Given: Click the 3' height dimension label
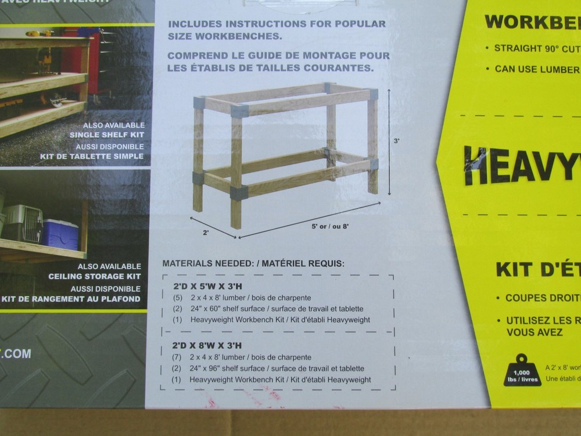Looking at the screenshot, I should (397, 141).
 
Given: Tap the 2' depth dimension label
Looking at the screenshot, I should (205, 232).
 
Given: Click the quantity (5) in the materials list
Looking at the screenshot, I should (178, 298).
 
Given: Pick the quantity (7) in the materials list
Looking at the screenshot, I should (178, 357).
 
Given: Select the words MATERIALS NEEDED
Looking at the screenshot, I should (207, 263).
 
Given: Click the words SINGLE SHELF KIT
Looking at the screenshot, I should (106, 135).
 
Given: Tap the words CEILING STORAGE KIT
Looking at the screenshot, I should (95, 277).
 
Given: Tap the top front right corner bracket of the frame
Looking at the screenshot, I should (372, 94).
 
